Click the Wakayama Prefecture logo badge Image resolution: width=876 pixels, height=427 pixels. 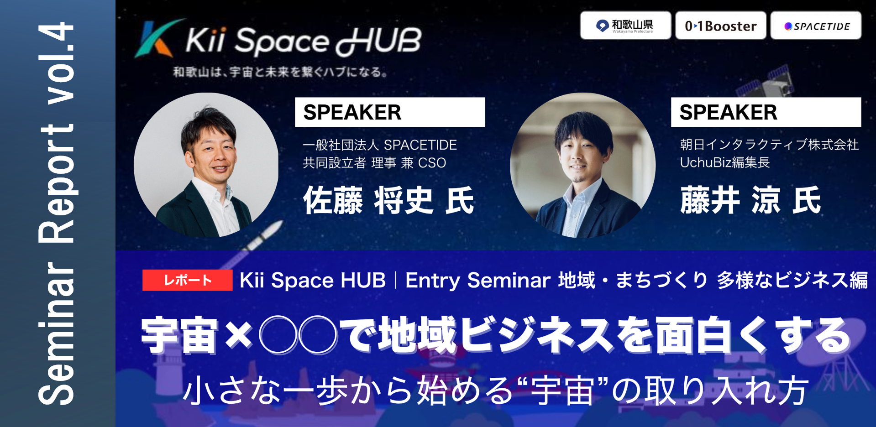pyautogui.click(x=625, y=26)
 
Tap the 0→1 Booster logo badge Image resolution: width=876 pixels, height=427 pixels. pyautogui.click(x=721, y=26)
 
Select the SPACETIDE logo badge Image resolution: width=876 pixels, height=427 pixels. pyautogui.click(x=816, y=26)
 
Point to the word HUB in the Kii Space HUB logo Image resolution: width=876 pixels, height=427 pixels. pyautogui.click(x=379, y=41)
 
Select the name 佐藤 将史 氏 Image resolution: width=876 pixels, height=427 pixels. pyautogui.click(x=389, y=200)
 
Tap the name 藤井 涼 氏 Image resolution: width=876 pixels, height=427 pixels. pyautogui.click(x=750, y=200)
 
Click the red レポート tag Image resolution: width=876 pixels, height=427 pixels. pyautogui.click(x=188, y=280)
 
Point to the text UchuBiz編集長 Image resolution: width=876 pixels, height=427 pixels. pyautogui.click(x=724, y=162)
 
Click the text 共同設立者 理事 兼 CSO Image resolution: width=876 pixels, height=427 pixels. pyautogui.click(x=374, y=163)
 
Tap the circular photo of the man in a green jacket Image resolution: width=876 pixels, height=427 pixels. pyautogui.click(x=206, y=165)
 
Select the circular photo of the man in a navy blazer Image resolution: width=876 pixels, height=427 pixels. pyautogui.click(x=582, y=165)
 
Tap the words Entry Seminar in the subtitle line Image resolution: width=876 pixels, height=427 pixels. pyautogui.click(x=477, y=280)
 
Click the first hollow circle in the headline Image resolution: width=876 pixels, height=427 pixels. pyautogui.click(x=278, y=335)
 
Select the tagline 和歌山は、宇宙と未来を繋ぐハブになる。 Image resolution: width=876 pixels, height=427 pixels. pyautogui.click(x=280, y=72)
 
